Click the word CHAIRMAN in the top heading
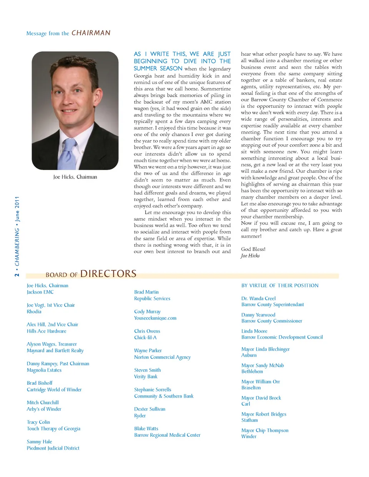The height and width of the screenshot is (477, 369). pyautogui.click(x=91, y=33)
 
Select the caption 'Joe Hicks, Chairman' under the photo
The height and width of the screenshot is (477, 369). pyautogui.click(x=75, y=177)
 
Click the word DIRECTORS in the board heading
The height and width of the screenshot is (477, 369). pyautogui.click(x=108, y=274)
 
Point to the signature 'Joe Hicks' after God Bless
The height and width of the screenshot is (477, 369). pyautogui.click(x=250, y=256)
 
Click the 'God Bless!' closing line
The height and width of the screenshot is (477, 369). pyautogui.click(x=253, y=249)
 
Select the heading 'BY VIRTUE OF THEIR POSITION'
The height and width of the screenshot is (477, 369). pyautogui.click(x=280, y=286)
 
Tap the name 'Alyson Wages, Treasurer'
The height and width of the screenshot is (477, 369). pyautogui.click(x=52, y=344)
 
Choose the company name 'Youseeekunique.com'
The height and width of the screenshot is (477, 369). pyautogui.click(x=155, y=318)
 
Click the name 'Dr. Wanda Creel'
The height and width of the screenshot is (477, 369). pyautogui.click(x=258, y=298)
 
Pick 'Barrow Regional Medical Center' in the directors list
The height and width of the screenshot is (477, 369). pyautogui.click(x=167, y=435)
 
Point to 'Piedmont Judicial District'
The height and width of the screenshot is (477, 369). pyautogui.click(x=53, y=448)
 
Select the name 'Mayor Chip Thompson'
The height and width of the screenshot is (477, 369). pyautogui.click(x=265, y=431)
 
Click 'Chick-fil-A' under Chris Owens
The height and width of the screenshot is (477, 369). pyautogui.click(x=145, y=338)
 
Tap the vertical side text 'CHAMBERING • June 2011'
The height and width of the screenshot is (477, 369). pyautogui.click(x=17, y=230)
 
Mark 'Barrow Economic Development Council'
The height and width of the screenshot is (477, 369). pyautogui.click(x=282, y=337)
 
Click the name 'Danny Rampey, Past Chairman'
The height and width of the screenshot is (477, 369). pyautogui.click(x=58, y=364)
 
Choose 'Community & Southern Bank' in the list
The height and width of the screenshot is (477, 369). pyautogui.click(x=164, y=396)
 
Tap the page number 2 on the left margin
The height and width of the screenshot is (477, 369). pyautogui.click(x=17, y=274)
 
